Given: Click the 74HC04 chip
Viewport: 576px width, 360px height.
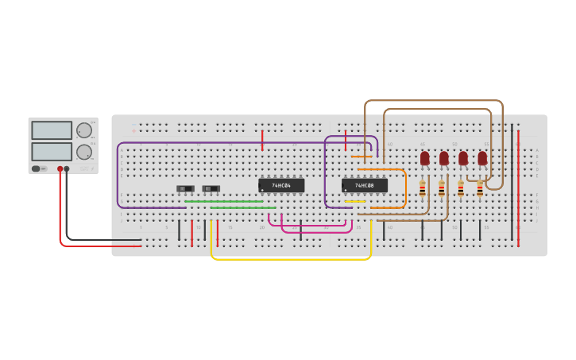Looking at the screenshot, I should tap(281, 185).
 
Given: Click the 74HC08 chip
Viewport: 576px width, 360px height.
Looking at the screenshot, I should tap(365, 185).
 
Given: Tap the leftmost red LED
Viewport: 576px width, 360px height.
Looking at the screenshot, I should tap(425, 158).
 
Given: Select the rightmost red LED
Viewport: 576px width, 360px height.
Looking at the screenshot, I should tap(482, 158).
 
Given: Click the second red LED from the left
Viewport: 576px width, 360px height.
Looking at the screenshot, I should tap(444, 158).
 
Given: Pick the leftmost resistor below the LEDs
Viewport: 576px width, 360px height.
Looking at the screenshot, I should tap(422, 188).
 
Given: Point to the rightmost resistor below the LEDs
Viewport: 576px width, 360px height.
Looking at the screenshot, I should tap(480, 188).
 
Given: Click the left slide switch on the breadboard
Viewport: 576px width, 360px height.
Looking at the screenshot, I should tap(185, 188).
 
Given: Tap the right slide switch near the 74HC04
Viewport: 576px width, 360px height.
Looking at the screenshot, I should tap(211, 188).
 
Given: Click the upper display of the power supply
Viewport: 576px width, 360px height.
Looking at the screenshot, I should tap(52, 130).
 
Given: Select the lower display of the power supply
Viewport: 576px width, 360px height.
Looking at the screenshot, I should tap(52, 151).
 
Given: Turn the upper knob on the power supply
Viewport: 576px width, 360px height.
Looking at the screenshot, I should tap(83, 130).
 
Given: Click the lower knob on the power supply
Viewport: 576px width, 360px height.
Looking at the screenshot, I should tap(83, 152).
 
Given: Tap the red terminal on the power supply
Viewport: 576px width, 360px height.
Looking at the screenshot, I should tap(60, 169).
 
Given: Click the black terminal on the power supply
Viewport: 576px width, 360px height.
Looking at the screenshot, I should tap(67, 169).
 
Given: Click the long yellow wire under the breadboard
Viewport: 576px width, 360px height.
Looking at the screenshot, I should tap(291, 259).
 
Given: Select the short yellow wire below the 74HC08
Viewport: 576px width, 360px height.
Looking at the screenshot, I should tap(355, 202).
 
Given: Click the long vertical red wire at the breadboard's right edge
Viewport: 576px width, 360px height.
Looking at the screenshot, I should tap(518, 188).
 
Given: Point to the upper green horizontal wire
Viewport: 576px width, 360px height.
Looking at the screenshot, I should tap(224, 201).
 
